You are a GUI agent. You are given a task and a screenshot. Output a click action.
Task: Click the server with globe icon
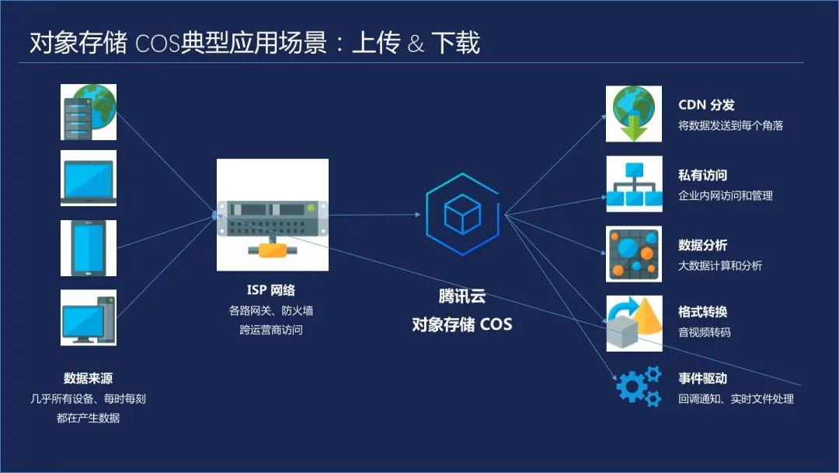(x=89, y=113)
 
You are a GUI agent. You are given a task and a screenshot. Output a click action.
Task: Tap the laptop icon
(x=89, y=178)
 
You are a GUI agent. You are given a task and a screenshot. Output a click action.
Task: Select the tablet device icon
(x=89, y=248)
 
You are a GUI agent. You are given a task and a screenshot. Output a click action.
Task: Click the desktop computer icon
(x=89, y=317)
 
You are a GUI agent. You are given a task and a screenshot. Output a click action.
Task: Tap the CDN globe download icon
(x=633, y=114)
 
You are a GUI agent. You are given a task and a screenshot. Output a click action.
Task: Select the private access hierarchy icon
(x=633, y=184)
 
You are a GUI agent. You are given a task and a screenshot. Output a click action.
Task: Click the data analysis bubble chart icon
(x=633, y=254)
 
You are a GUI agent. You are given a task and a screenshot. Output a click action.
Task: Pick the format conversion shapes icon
(x=633, y=322)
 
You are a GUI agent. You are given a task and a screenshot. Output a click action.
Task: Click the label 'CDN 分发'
(x=706, y=105)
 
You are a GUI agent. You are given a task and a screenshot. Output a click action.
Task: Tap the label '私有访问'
(x=702, y=176)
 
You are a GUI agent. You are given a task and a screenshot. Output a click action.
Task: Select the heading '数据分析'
(x=702, y=246)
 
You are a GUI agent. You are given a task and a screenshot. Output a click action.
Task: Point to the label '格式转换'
(x=702, y=312)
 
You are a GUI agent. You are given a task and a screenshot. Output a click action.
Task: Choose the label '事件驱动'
(x=702, y=379)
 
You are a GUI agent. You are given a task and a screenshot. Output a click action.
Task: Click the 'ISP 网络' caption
(x=270, y=290)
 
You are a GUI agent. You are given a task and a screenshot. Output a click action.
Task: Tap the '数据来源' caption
(x=88, y=379)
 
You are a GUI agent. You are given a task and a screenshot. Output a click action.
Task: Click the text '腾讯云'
(x=461, y=296)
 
